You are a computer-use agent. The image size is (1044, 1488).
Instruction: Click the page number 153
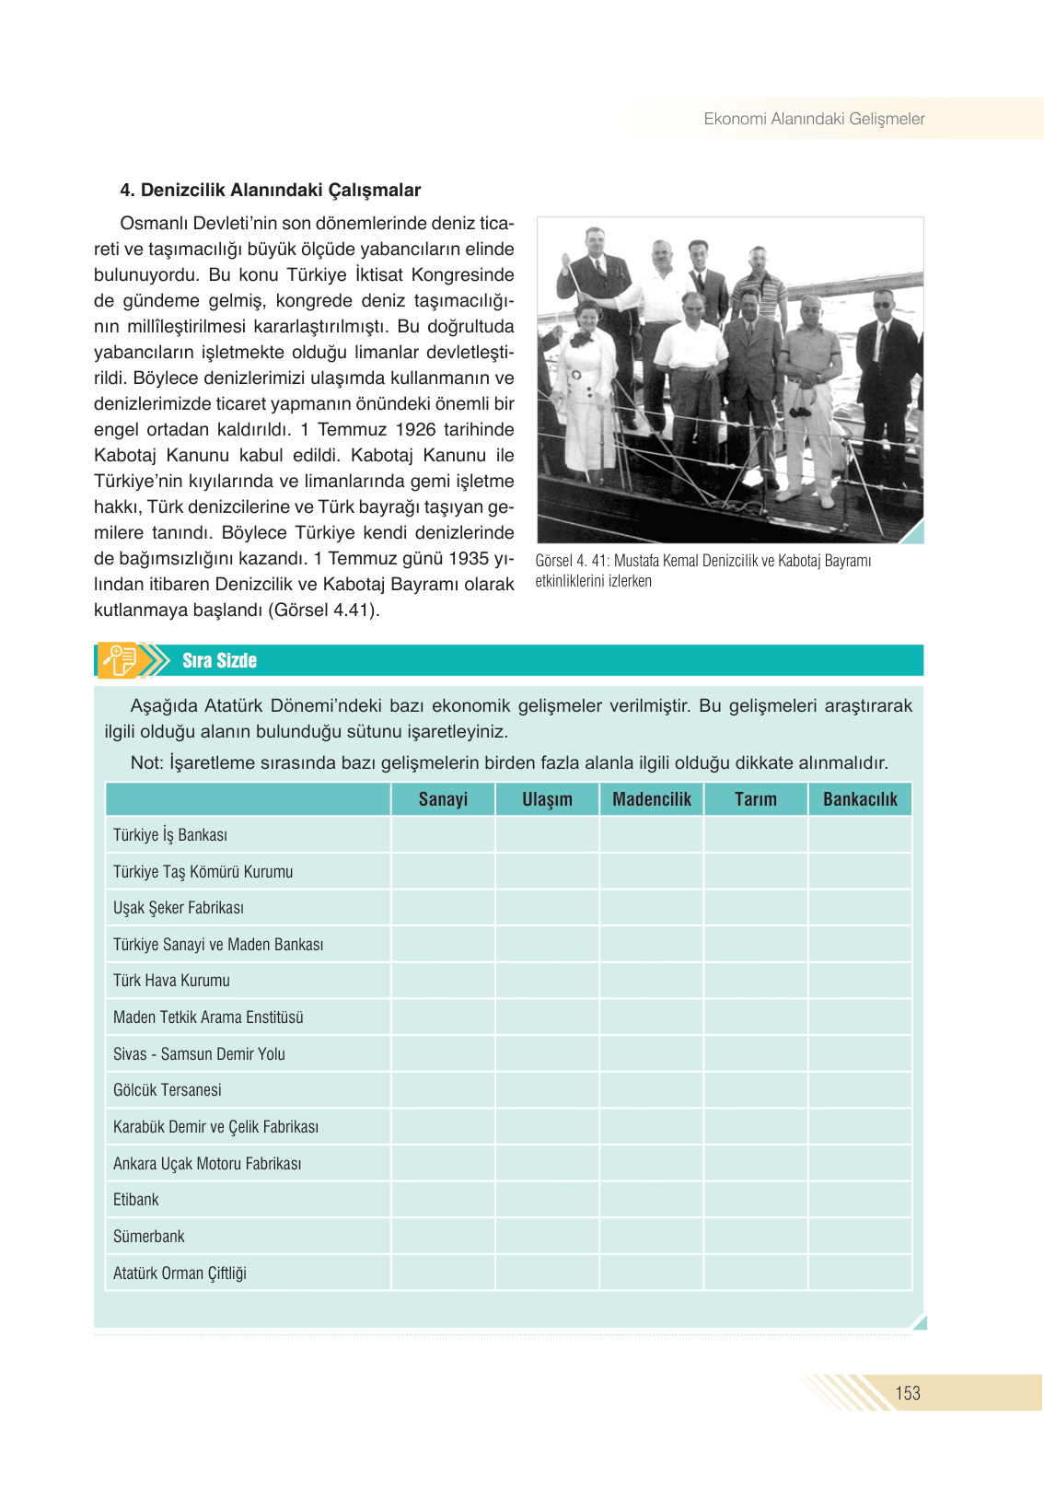pyautogui.click(x=908, y=1393)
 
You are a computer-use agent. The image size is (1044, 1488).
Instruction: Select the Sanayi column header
pyautogui.click(x=443, y=799)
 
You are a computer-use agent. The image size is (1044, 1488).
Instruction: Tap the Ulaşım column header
pyautogui.click(x=547, y=799)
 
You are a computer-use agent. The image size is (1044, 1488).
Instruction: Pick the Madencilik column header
pyautogui.click(x=652, y=799)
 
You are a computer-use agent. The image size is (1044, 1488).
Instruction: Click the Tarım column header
pyautogui.click(x=756, y=799)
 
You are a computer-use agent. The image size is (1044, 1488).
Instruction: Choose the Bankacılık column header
pyautogui.click(x=860, y=799)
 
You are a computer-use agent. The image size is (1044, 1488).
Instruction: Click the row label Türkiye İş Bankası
pyautogui.click(x=170, y=835)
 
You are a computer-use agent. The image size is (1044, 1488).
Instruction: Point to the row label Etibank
pyautogui.click(x=136, y=1200)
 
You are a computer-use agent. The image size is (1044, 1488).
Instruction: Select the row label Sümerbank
pyautogui.click(x=149, y=1237)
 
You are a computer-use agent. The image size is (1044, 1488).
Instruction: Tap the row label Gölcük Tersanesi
pyautogui.click(x=168, y=1090)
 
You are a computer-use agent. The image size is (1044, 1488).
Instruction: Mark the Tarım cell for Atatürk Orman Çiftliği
pyautogui.click(x=756, y=1273)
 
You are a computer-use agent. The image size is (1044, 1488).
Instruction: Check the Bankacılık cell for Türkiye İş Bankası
pyautogui.click(x=860, y=835)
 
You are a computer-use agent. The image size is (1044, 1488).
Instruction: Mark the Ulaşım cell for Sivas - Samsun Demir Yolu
pyautogui.click(x=547, y=1053)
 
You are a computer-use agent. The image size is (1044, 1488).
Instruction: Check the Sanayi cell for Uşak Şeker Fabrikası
pyautogui.click(x=443, y=908)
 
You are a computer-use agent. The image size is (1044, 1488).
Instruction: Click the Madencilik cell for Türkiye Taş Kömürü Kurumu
pyautogui.click(x=652, y=871)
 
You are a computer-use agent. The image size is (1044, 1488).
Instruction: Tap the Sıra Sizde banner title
pyautogui.click(x=219, y=660)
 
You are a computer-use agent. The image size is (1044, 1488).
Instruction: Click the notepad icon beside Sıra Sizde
pyautogui.click(x=120, y=660)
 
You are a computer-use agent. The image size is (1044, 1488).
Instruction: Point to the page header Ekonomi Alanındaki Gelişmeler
pyautogui.click(x=814, y=119)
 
